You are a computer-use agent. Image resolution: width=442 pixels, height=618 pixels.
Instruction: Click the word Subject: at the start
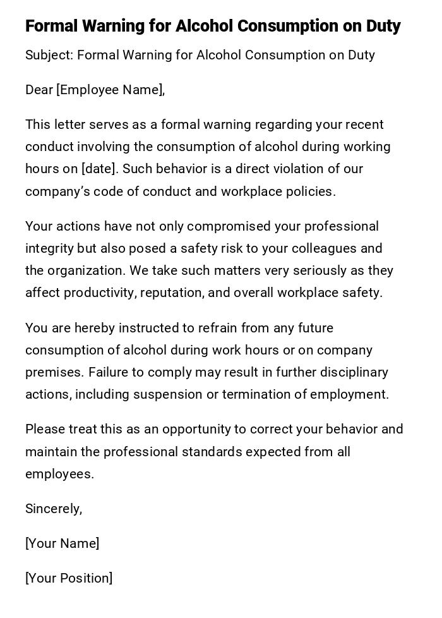coord(49,56)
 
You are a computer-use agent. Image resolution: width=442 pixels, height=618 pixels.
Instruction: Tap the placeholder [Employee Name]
coord(110,90)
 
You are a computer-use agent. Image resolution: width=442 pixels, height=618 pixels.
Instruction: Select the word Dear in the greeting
coord(39,90)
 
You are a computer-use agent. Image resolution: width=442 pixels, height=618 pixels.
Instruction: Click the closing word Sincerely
coord(53,509)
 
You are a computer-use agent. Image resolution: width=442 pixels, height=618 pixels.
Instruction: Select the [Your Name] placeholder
coord(62,543)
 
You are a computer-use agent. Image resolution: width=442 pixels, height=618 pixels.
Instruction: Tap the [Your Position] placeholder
coord(69,578)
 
